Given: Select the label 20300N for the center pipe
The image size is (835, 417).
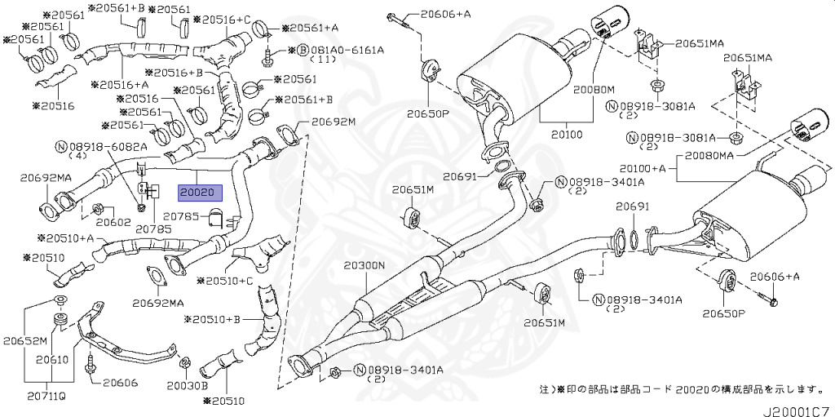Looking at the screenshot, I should [x=364, y=265].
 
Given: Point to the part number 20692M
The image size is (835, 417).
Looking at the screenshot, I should [x=334, y=122].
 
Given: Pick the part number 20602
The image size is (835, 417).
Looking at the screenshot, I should [x=113, y=221].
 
